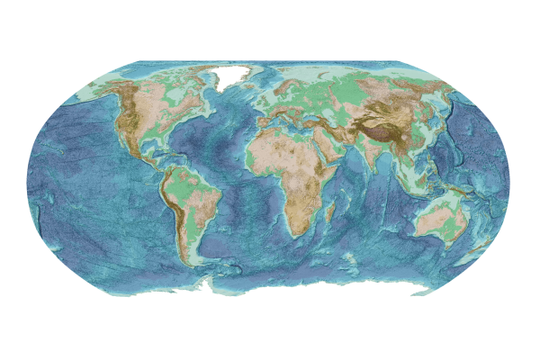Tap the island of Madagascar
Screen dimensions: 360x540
coord(330,213)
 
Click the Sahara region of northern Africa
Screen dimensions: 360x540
coord(279,148)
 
